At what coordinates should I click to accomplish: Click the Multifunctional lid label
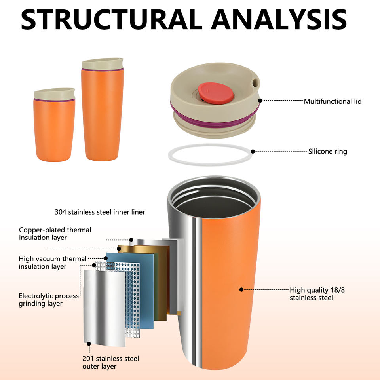[x=332, y=101]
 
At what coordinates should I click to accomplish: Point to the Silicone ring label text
[x=327, y=151]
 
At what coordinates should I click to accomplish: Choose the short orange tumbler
[x=54, y=127]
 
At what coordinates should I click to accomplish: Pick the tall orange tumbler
[x=102, y=115]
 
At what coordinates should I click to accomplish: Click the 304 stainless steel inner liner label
[x=100, y=212]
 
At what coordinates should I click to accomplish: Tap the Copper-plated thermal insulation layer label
[x=55, y=234]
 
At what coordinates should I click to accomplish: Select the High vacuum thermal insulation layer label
[x=53, y=263]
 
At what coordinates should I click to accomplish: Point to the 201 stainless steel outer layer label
[x=110, y=363]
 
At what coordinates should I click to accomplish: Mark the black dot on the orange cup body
[x=241, y=289]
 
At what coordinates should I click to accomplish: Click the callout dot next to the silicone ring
[x=253, y=151]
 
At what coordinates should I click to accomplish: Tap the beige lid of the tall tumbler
[x=102, y=64]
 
